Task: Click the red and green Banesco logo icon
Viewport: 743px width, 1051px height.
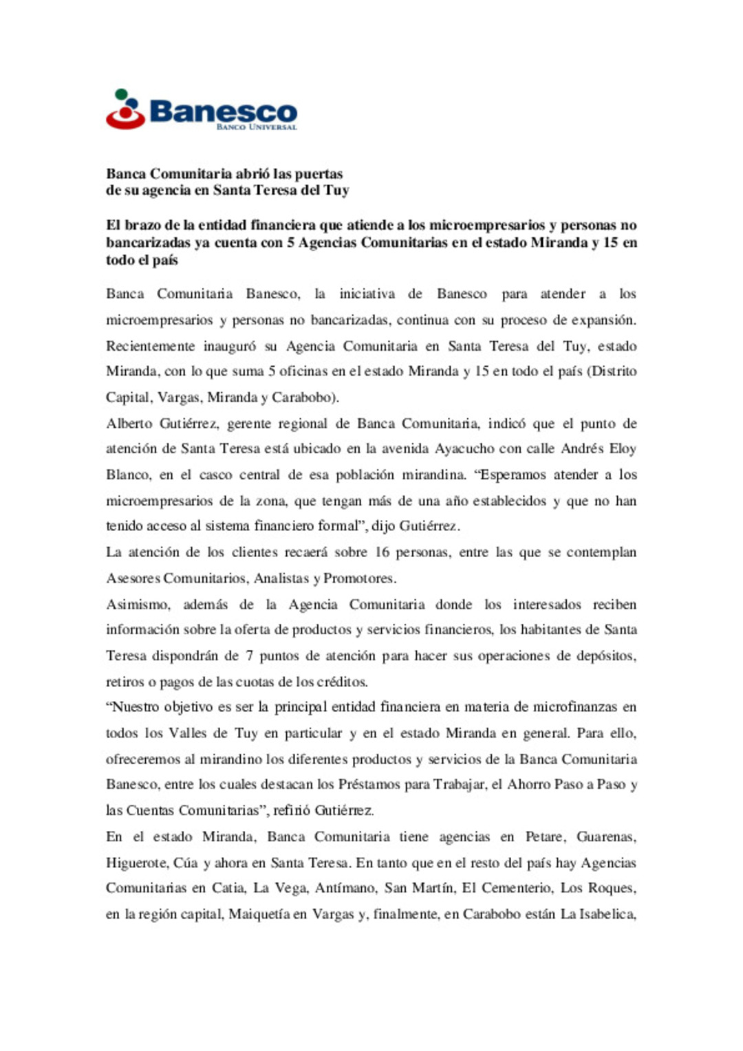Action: point(125,109)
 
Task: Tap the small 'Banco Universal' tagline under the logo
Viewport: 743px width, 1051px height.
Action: point(256,127)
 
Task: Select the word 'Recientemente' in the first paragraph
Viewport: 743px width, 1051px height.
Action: point(150,346)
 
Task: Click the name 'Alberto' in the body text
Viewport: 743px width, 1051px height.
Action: point(129,424)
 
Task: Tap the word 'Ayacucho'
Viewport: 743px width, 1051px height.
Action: point(464,449)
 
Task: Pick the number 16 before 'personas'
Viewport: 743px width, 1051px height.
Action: point(382,552)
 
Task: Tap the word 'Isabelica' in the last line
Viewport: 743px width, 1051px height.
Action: point(607,914)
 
